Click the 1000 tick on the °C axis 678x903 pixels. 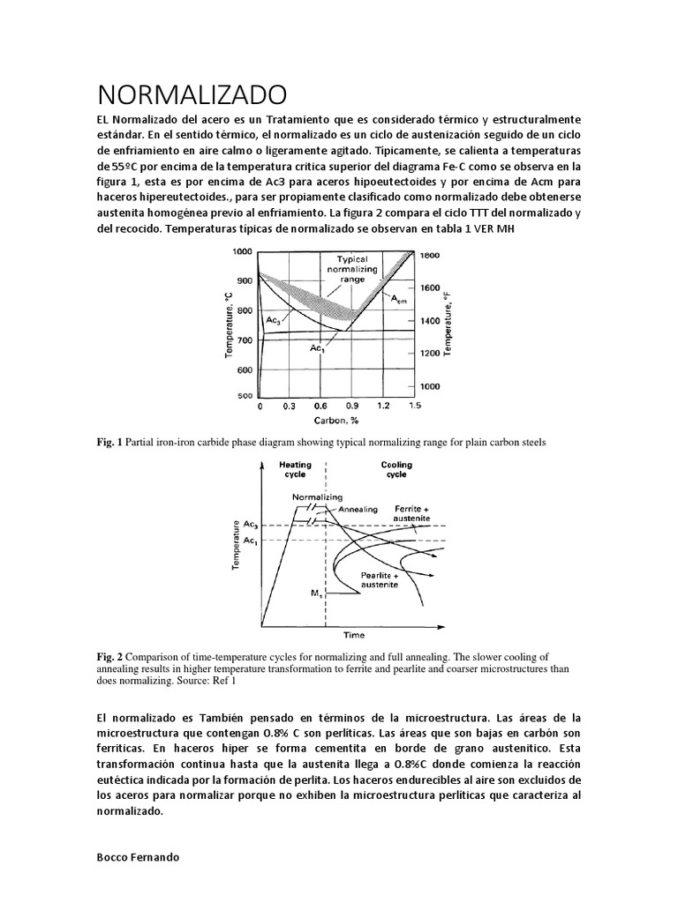pyautogui.click(x=241, y=251)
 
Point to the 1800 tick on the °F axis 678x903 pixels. pyautogui.click(x=429, y=255)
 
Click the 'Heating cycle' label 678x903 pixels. pyautogui.click(x=295, y=469)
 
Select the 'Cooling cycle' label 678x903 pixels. pyautogui.click(x=395, y=469)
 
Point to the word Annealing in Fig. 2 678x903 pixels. pyautogui.click(x=358, y=509)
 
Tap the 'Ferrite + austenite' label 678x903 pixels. pyautogui.click(x=411, y=513)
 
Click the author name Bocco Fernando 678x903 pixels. pyautogui.click(x=138, y=857)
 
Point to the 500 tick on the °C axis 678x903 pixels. pyautogui.click(x=244, y=396)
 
